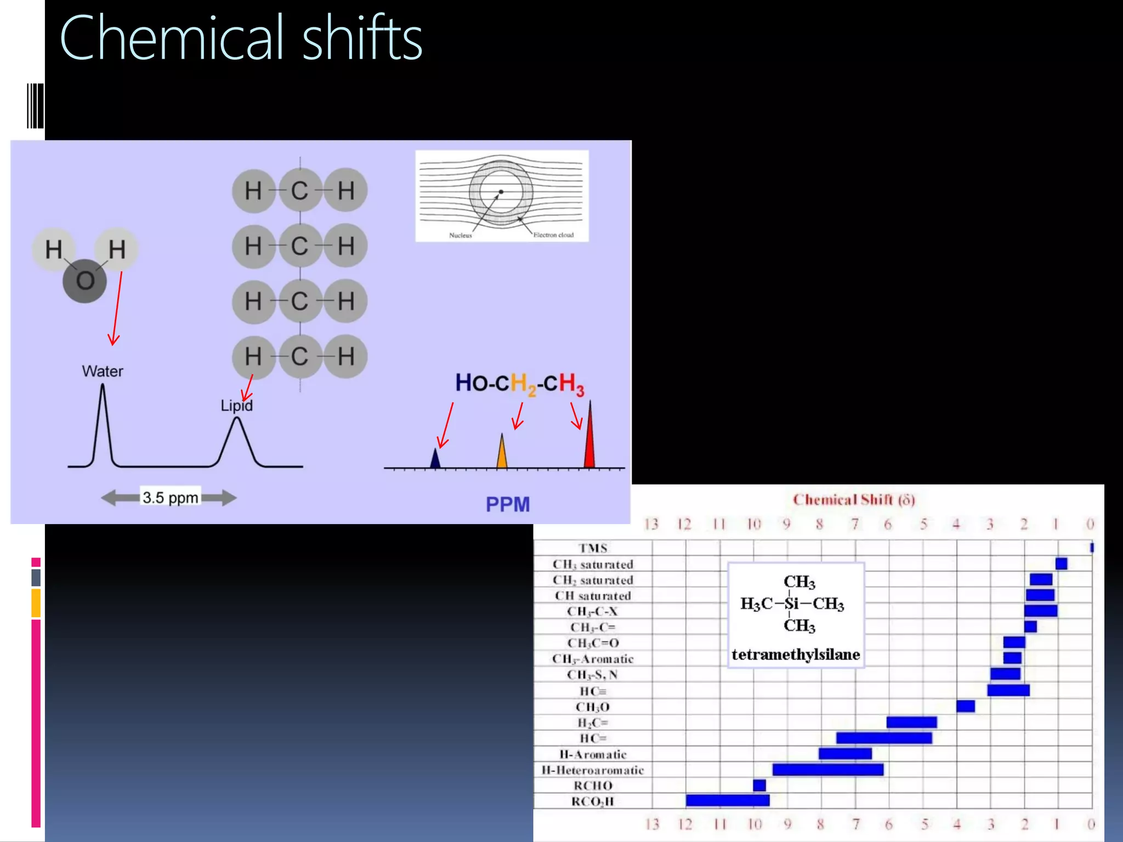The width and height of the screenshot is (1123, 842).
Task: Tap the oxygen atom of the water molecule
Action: coord(85,281)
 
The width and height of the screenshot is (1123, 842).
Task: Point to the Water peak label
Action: coord(103,371)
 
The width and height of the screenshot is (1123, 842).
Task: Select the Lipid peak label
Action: coord(236,406)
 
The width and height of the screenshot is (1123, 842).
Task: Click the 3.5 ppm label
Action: coord(170,498)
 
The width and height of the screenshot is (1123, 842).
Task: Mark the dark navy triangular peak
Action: coord(435,459)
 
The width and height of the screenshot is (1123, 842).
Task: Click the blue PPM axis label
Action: coord(508,504)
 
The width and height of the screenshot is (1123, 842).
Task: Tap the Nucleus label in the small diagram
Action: coord(460,235)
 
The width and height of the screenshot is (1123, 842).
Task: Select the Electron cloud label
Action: coord(553,235)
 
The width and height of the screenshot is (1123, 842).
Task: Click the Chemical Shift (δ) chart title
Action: coord(854,499)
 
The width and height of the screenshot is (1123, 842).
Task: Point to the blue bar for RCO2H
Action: coord(728,800)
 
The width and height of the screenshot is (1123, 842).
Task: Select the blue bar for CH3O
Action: coord(966,706)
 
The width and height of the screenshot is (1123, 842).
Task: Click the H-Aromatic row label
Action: coord(593,754)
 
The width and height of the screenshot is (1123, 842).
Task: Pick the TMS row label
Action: coord(593,548)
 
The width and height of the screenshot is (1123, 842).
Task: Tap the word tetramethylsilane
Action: coord(796,655)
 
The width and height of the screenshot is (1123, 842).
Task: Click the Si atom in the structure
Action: coord(791,604)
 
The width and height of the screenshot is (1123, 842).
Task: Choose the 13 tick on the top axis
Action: coord(651,524)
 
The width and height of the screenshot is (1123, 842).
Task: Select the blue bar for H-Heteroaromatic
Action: coord(828,770)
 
